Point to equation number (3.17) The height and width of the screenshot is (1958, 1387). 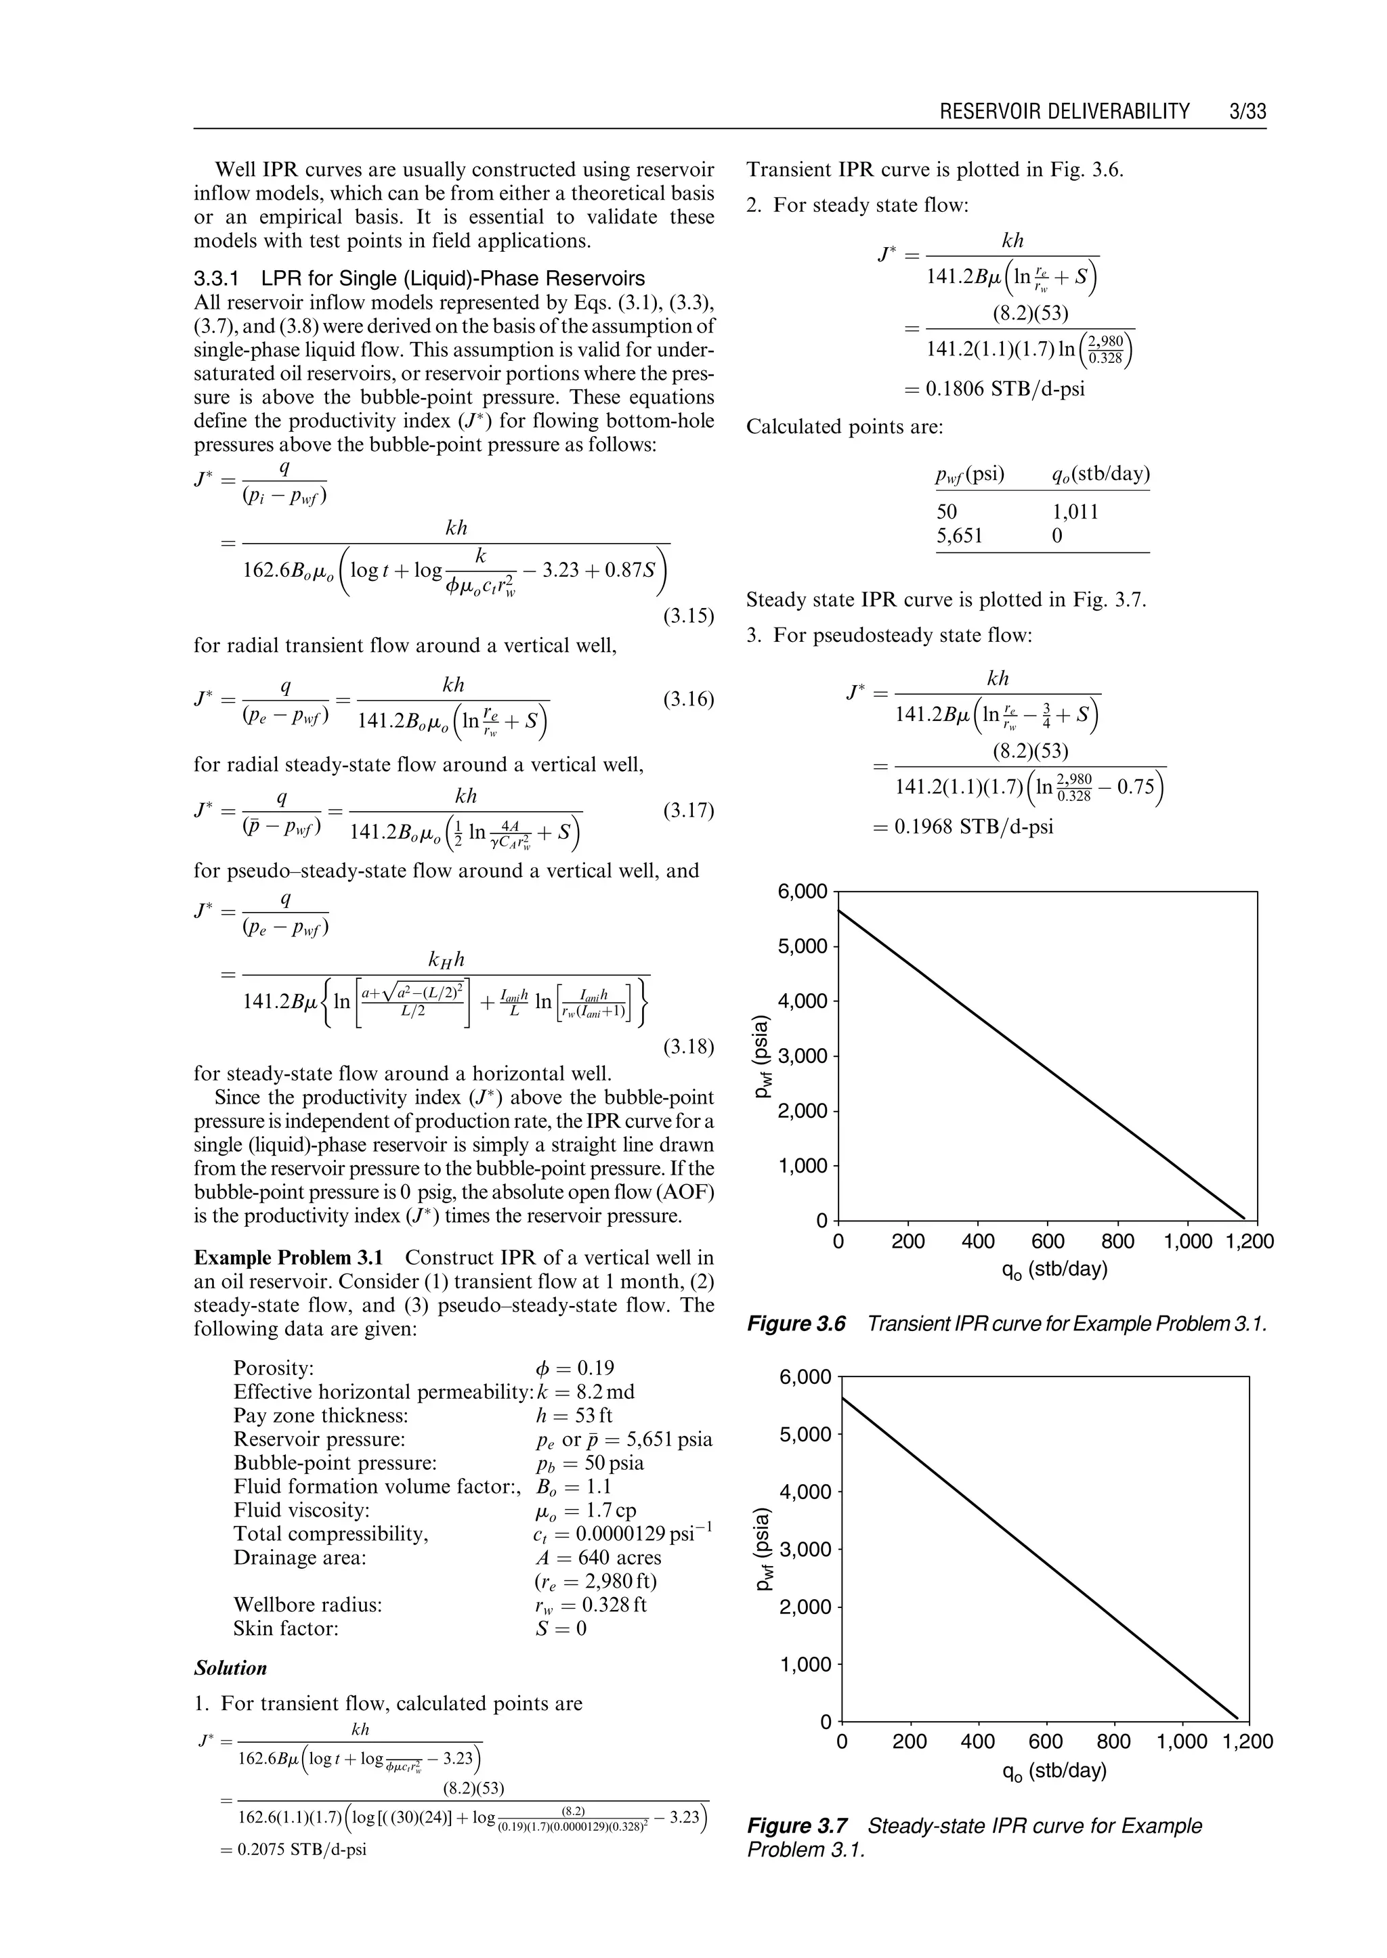[687, 810]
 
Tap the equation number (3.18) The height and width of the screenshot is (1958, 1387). [687, 1047]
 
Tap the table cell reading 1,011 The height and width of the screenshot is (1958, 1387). [1075, 513]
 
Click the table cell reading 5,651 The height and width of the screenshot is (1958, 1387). [959, 536]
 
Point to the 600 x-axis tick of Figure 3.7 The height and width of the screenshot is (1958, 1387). [1046, 1742]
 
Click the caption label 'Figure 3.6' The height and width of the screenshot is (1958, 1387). [796, 1324]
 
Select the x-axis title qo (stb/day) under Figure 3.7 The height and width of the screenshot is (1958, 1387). [1054, 1771]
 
